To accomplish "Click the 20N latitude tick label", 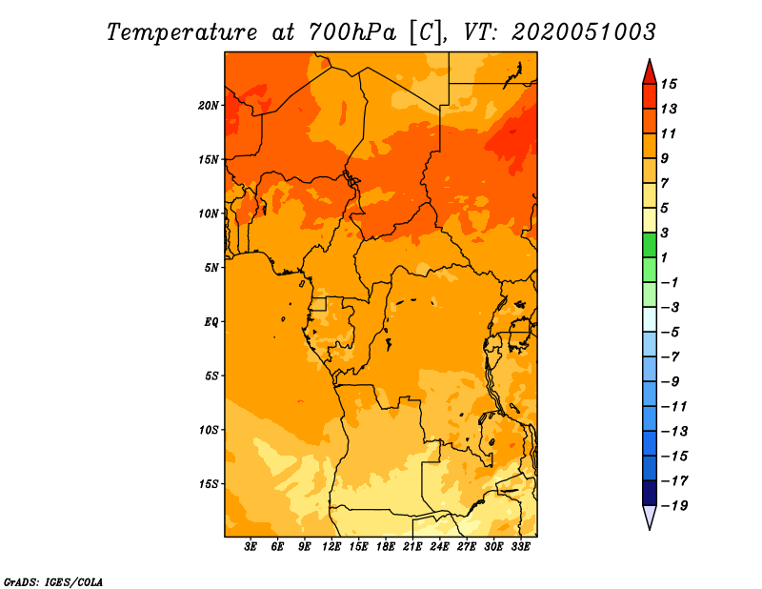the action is (x=208, y=106).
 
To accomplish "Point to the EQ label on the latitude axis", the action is (x=211, y=322).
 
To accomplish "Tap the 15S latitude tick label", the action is (x=208, y=484).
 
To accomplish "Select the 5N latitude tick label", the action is (x=211, y=268).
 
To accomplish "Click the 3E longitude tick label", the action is (x=251, y=547).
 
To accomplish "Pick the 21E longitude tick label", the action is (x=412, y=547).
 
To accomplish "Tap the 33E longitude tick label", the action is (x=520, y=547).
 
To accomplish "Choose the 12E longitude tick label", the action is (x=331, y=547).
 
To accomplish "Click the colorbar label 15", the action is (x=669, y=84).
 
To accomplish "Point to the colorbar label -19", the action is (x=674, y=506).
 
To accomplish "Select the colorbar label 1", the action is (x=664, y=257).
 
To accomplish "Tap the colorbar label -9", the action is (x=671, y=382).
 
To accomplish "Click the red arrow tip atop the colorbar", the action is (x=650, y=60).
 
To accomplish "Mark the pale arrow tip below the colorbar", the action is (x=650, y=529).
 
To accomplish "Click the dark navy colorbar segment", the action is (x=650, y=493).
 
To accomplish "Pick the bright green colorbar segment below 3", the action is (x=650, y=245).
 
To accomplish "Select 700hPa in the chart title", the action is (x=352, y=32).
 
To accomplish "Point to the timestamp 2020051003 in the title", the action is (x=584, y=32).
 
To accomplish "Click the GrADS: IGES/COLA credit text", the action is (x=53, y=581).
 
